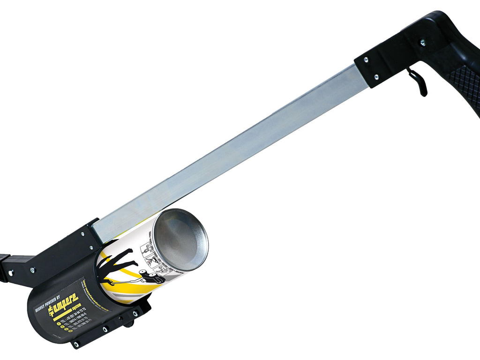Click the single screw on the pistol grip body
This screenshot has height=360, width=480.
(x=422, y=43)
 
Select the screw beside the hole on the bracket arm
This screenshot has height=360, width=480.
(x=32, y=270)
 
